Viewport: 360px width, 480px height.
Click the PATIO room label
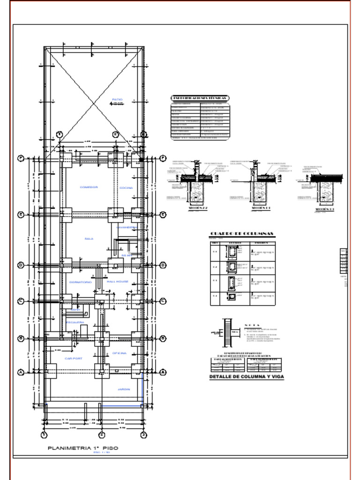tap(117, 99)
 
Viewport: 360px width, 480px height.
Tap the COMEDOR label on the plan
tap(89, 187)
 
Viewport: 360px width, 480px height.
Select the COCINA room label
tap(126, 187)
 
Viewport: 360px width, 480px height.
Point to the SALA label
tap(89, 239)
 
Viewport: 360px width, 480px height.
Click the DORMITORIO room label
tap(80, 282)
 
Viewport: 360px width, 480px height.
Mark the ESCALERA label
tap(75, 322)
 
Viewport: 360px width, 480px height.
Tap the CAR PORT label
tap(74, 359)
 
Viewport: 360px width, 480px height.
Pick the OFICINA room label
tap(120, 353)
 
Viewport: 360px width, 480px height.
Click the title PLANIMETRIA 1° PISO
tap(83, 448)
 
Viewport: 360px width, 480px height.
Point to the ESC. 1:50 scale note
tap(102, 453)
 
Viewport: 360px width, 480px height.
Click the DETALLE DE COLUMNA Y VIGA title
tap(246, 376)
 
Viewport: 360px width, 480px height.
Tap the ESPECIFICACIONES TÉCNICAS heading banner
tap(200, 98)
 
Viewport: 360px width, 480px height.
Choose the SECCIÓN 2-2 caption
tap(197, 207)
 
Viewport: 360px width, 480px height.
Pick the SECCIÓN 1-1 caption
tap(261, 207)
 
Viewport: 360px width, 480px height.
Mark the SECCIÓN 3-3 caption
tap(324, 209)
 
